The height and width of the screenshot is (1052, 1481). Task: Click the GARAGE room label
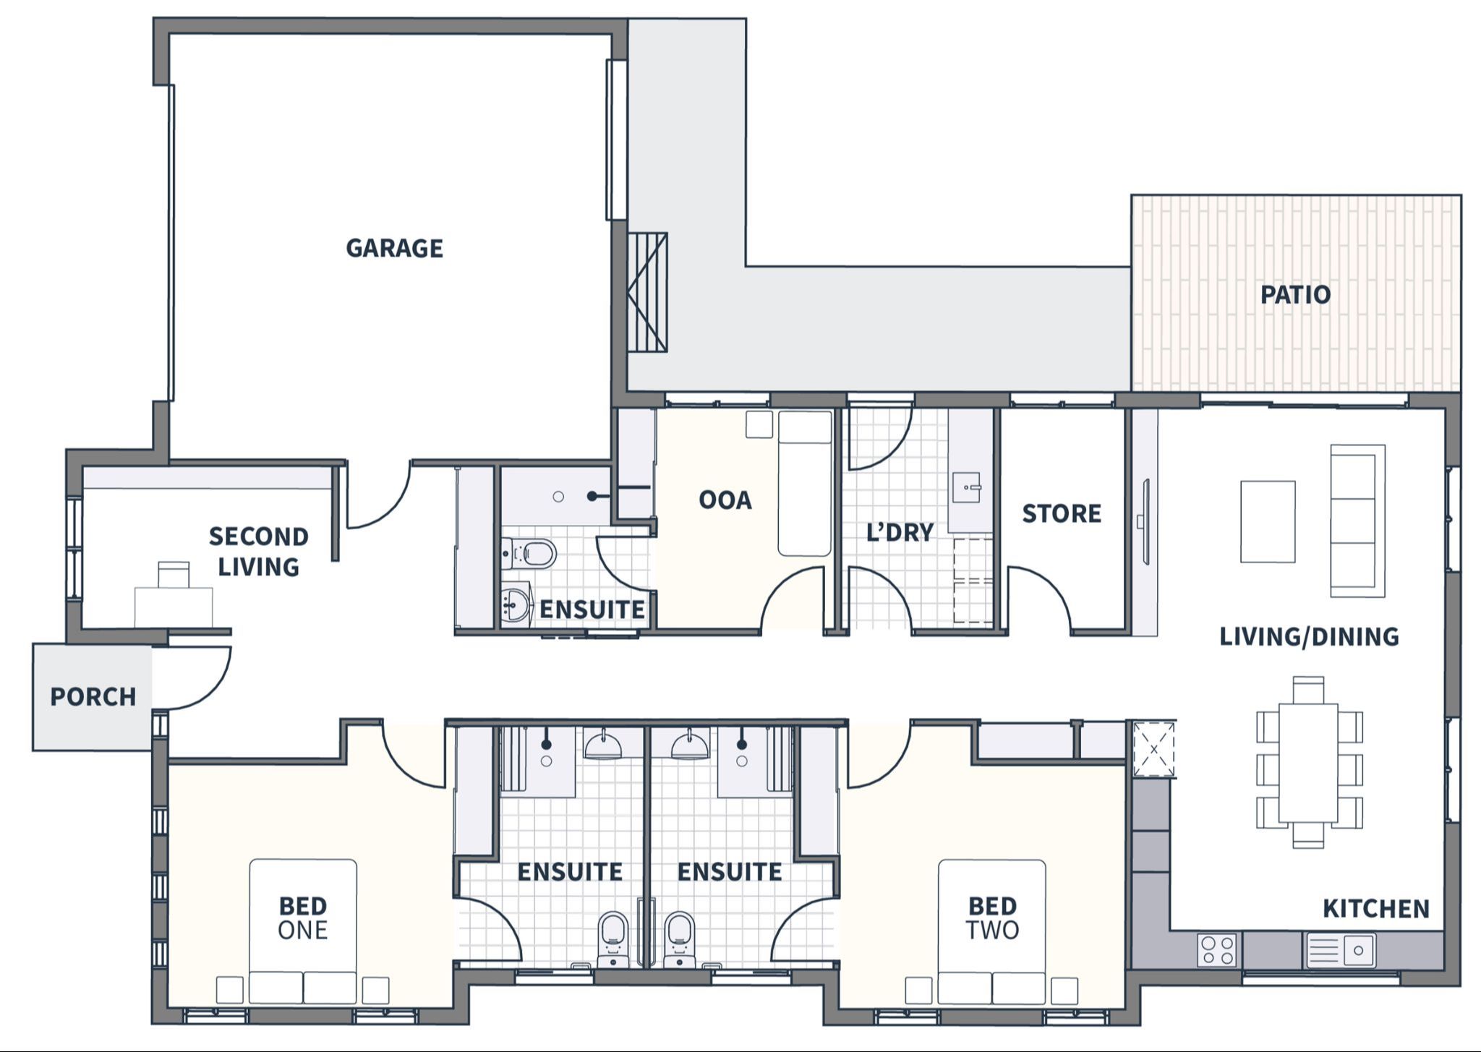(x=394, y=248)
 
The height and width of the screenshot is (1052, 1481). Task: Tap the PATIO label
(x=1295, y=294)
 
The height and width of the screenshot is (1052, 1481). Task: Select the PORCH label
(x=93, y=696)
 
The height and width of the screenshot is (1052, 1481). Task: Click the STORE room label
(x=1062, y=513)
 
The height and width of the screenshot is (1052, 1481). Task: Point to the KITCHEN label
(x=1375, y=908)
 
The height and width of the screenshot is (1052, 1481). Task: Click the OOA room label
(x=725, y=500)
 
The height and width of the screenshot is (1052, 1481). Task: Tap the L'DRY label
(x=900, y=532)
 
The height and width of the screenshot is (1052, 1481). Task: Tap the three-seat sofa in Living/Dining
(x=1357, y=521)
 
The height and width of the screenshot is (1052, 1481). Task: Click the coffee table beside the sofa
(x=1267, y=521)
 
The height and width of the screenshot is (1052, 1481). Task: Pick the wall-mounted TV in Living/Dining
(x=1145, y=521)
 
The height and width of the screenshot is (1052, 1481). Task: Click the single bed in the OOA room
(x=804, y=483)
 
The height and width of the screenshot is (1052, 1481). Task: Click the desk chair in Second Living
(x=174, y=575)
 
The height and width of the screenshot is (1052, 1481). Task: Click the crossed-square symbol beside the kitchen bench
(x=1153, y=749)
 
